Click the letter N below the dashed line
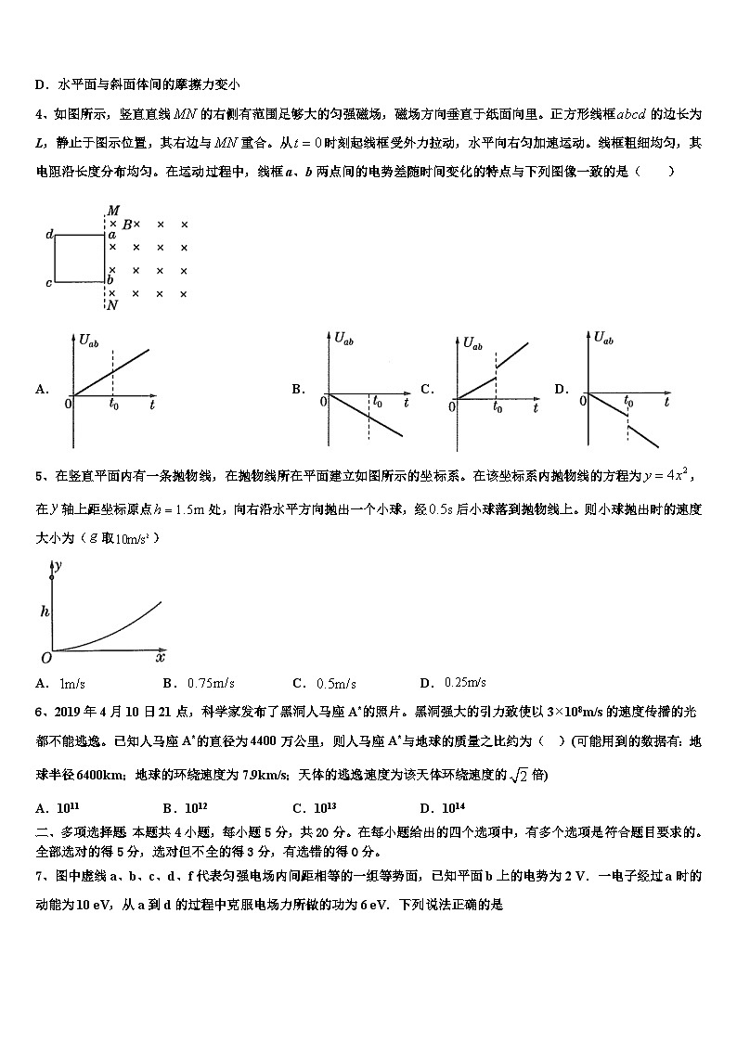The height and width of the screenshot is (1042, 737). tap(112, 305)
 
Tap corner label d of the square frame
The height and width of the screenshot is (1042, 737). tap(48, 236)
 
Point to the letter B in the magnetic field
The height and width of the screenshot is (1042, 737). tap(127, 225)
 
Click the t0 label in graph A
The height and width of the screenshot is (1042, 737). tap(113, 405)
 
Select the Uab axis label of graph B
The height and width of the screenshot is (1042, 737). tap(343, 340)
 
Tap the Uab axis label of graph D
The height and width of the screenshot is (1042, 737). tap(603, 338)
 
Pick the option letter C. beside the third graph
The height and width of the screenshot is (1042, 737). tap(427, 390)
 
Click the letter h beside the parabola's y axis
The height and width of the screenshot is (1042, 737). tap(44, 611)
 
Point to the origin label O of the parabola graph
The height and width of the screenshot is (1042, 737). tap(44, 658)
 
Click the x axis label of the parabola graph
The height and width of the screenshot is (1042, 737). tap(160, 658)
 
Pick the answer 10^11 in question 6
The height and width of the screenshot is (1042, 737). tap(70, 807)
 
